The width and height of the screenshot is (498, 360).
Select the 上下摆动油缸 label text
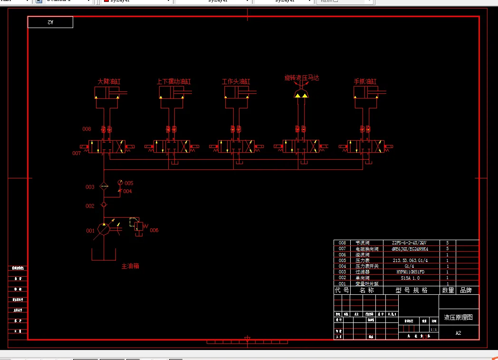(x=173, y=81)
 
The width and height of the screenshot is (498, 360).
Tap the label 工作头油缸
(x=236, y=81)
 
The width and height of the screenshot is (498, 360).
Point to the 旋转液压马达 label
(x=301, y=77)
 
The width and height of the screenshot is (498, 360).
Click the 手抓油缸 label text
(x=365, y=81)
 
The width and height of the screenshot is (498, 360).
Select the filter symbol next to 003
(x=104, y=186)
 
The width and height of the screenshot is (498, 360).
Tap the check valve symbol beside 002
(x=104, y=205)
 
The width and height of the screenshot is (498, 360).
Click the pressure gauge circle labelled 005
(x=120, y=183)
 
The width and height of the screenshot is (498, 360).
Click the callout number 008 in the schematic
(x=86, y=129)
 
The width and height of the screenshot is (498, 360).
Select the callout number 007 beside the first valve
(x=77, y=153)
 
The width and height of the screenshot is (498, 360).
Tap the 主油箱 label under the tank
(x=130, y=266)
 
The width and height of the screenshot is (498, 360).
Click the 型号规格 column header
(x=412, y=290)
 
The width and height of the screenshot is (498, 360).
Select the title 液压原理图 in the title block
(x=458, y=317)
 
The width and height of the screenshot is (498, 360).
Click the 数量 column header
(x=448, y=290)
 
